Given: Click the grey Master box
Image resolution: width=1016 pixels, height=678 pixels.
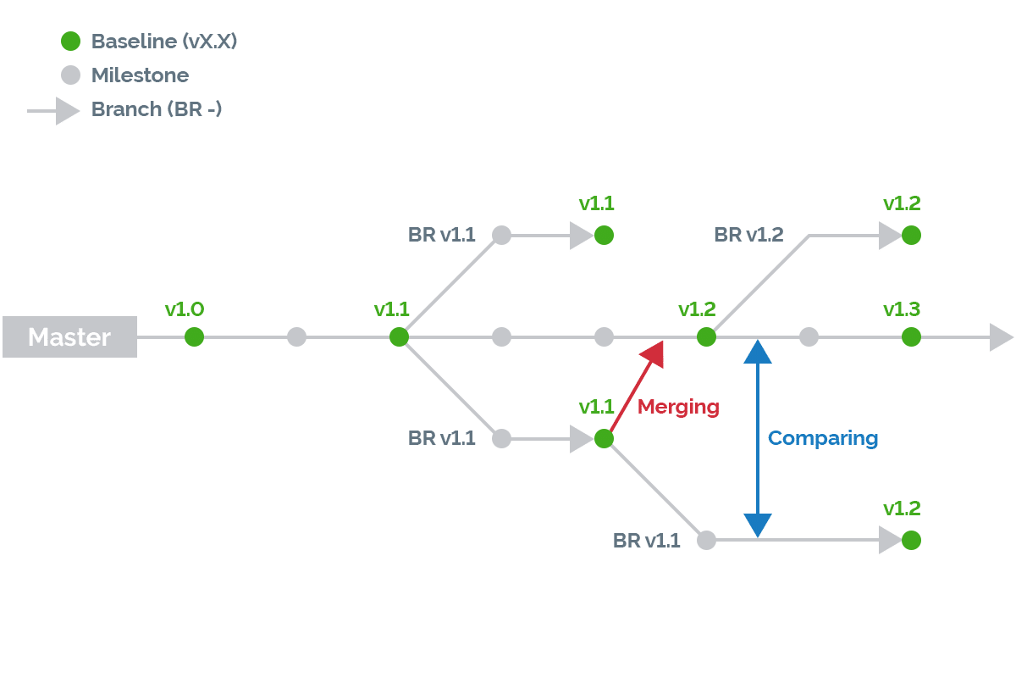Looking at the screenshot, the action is point(69,336).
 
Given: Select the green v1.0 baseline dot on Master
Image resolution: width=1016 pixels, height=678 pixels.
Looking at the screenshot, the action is point(194,337).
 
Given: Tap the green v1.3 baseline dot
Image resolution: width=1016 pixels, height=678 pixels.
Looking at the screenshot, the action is point(911,337).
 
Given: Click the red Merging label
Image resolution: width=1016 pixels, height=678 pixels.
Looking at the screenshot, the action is point(678,408).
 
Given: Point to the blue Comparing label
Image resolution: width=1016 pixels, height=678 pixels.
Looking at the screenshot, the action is point(823,439).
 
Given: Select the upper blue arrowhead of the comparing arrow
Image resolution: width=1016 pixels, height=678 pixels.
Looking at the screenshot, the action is point(758,352).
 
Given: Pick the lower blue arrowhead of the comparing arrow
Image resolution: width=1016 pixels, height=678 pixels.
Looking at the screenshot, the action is point(758,525).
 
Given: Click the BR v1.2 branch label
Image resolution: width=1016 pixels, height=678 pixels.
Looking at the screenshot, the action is point(748,235).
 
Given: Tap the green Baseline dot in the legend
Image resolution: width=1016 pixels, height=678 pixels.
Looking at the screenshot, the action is point(71,41).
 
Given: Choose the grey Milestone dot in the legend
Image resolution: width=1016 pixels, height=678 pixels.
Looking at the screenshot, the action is point(71,75).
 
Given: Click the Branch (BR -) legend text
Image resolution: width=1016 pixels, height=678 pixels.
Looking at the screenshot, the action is point(157,109).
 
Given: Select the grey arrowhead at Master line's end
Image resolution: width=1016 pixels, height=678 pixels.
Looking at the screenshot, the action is point(1001,337).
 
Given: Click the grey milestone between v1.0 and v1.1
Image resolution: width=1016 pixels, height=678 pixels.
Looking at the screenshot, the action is point(296,337).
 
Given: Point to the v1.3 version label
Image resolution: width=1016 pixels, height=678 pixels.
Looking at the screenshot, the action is point(901,309).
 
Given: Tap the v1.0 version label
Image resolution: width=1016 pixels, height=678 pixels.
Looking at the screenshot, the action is point(185,309).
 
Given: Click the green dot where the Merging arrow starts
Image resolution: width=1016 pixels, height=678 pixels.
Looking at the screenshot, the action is point(604,439).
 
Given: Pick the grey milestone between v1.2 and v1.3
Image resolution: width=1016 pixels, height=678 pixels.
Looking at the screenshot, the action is point(809,337).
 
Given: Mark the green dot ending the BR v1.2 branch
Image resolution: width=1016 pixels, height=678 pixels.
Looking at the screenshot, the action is point(911,236).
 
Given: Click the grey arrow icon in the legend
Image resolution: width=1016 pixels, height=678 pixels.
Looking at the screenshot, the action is point(53,111).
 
